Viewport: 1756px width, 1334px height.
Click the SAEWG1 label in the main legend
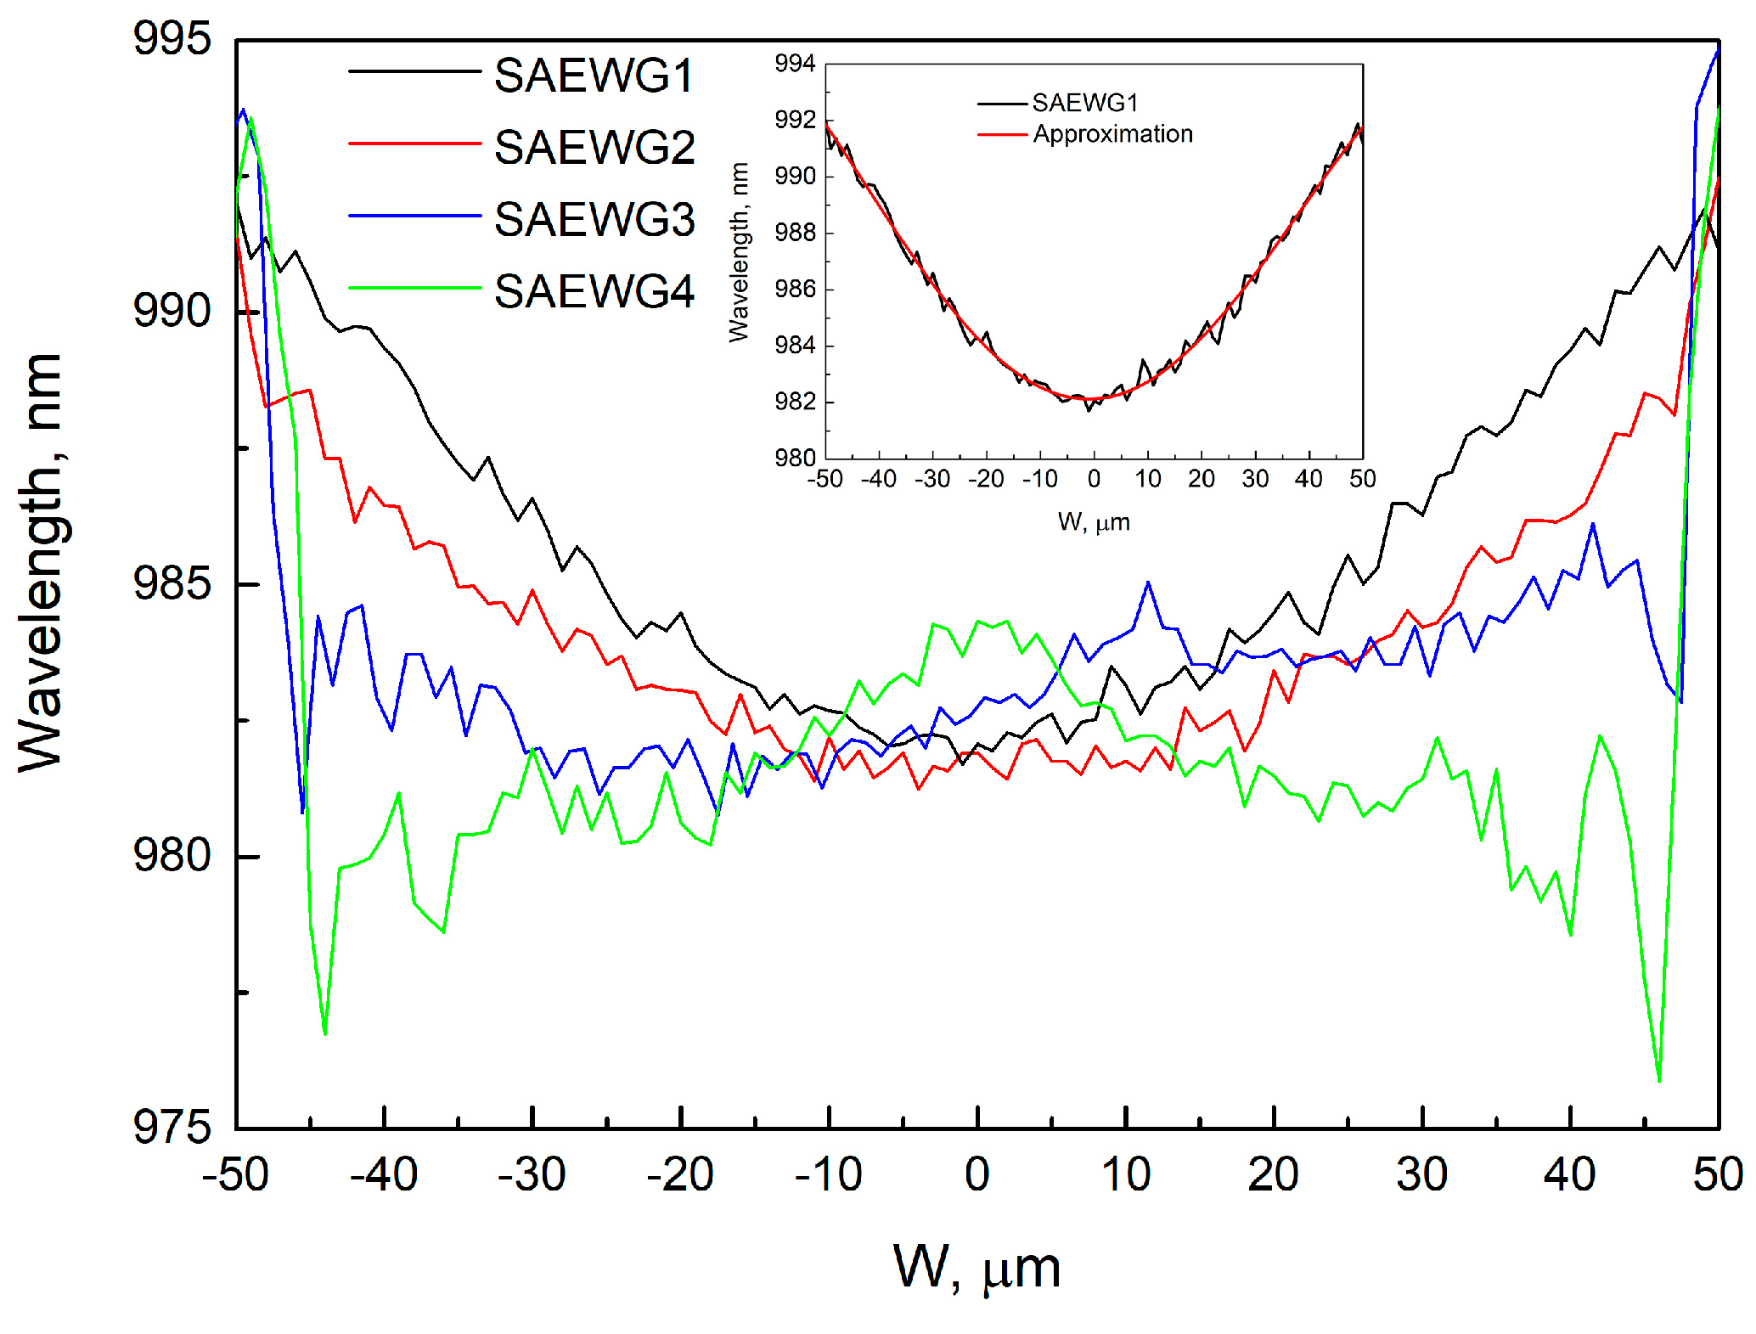point(594,76)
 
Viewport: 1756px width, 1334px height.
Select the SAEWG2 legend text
point(594,148)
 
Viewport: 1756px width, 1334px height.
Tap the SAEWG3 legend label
point(594,220)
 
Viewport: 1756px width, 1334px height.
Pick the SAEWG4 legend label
point(594,292)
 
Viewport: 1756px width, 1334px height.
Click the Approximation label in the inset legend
point(1112,134)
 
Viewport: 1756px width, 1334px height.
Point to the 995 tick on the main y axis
point(172,39)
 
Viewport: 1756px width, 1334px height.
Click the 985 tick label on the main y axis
point(172,584)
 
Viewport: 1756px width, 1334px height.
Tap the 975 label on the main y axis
point(172,1129)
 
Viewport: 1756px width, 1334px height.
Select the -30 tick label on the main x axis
point(532,1175)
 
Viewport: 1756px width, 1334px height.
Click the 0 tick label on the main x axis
point(977,1175)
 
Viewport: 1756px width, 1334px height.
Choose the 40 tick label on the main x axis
point(1569,1175)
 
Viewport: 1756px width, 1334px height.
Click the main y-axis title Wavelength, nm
point(41,562)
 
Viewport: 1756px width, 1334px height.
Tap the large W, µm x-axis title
point(976,1269)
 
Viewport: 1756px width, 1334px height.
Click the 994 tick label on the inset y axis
point(795,64)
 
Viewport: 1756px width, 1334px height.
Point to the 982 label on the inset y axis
point(795,402)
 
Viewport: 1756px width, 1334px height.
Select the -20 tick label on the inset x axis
point(986,480)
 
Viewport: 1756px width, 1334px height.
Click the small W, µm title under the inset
point(1094,522)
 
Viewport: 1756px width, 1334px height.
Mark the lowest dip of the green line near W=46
point(1659,1081)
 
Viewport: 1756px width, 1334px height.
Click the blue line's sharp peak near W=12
point(1148,583)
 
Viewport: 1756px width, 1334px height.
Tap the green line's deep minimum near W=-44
point(325,1033)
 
